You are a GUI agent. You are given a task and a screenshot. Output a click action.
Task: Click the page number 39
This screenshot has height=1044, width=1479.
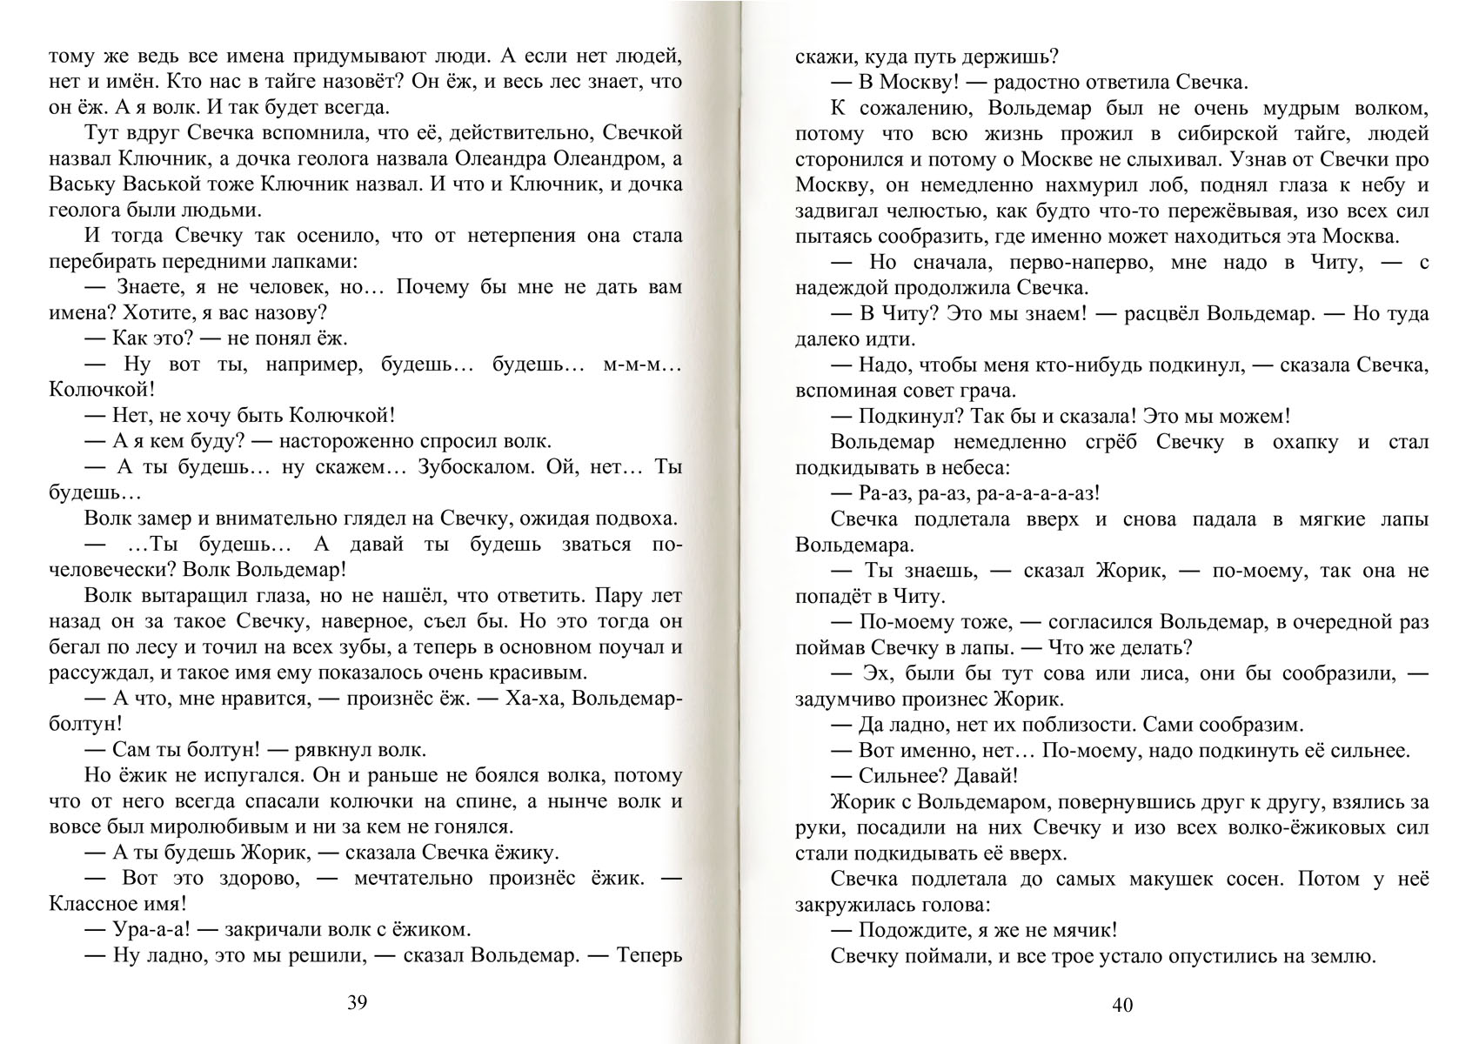(358, 1002)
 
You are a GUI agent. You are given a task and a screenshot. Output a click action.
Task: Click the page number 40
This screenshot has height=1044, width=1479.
(1122, 1006)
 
